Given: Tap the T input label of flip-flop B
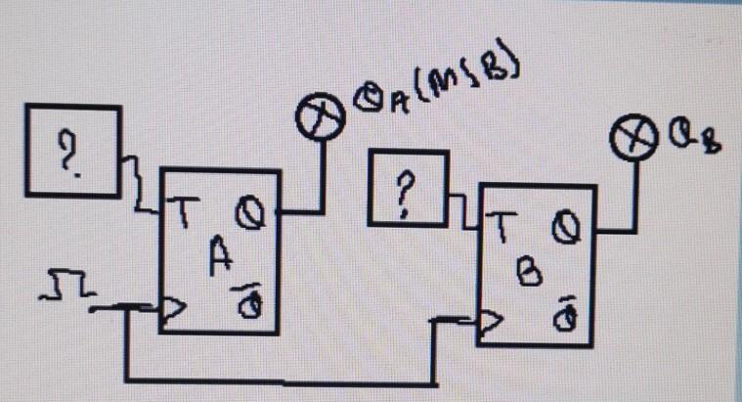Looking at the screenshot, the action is coord(499,227).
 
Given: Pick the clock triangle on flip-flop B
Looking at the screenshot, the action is coord(491,322).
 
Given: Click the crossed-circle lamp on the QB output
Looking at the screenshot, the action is coord(632,143).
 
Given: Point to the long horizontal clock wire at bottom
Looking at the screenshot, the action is coord(284,378).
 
